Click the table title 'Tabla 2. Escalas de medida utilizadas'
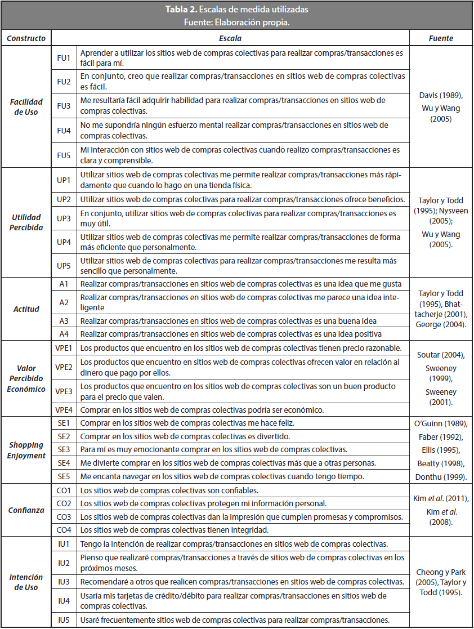point(236,10)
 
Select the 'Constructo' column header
point(26,38)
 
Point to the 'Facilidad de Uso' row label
point(26,106)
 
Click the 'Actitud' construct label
point(26,309)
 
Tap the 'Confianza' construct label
point(26,510)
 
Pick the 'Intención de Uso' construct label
point(26,582)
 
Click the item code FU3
point(64,106)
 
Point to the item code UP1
point(64,180)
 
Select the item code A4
point(64,333)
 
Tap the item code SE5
point(64,476)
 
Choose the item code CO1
point(64,490)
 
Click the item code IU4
point(64,600)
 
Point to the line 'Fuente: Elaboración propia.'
point(236,23)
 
